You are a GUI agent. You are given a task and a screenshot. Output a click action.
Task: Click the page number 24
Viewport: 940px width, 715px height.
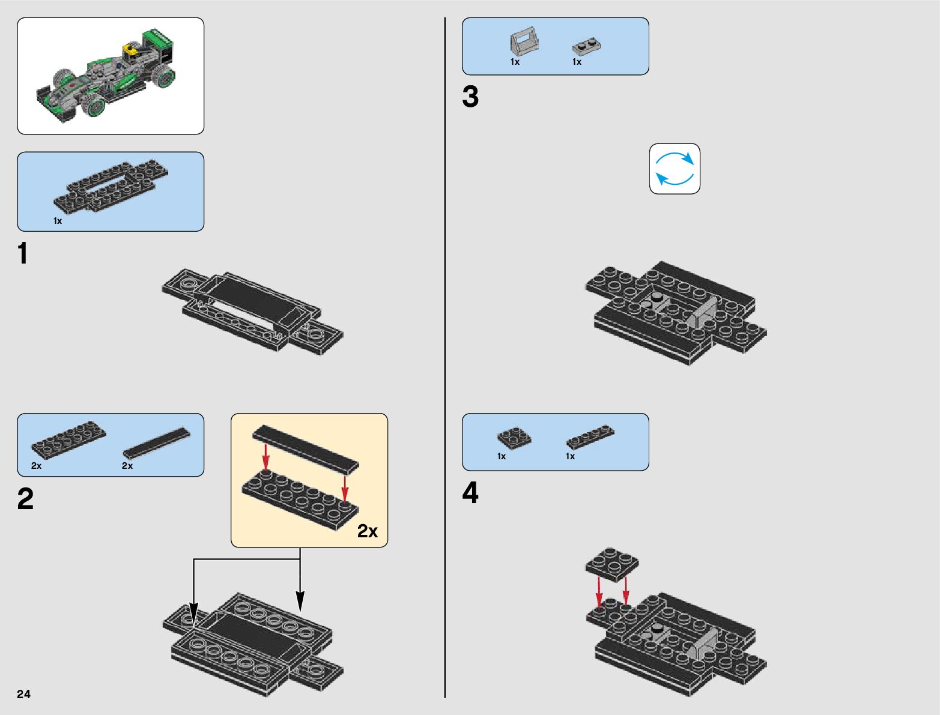[23, 694]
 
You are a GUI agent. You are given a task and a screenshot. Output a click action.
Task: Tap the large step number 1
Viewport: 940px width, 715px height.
[23, 254]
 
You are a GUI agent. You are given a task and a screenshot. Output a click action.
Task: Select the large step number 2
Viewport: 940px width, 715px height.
[25, 499]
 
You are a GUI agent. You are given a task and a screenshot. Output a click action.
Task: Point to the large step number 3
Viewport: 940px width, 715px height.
[470, 97]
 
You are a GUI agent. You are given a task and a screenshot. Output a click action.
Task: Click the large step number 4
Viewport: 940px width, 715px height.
[470, 493]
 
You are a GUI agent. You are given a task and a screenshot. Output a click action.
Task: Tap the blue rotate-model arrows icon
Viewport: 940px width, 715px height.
[675, 169]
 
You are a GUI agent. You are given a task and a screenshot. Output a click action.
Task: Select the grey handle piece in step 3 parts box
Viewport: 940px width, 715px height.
[524, 41]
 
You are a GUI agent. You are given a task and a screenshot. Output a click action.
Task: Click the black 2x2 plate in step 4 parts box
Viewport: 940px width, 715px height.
[514, 437]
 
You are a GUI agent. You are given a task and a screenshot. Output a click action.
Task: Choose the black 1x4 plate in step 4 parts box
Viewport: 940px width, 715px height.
[590, 436]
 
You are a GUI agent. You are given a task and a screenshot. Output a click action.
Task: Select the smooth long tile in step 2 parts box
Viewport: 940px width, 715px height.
[156, 443]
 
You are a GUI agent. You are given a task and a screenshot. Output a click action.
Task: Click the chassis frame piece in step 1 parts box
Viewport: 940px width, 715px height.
[111, 186]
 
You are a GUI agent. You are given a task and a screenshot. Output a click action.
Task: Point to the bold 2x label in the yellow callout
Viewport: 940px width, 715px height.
[368, 531]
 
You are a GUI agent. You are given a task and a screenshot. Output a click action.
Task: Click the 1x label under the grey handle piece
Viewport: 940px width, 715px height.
[515, 62]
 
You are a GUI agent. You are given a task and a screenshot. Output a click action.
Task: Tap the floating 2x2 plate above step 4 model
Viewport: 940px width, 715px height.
[612, 564]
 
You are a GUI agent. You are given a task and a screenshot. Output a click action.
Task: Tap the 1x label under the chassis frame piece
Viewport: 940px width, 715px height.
[58, 221]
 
